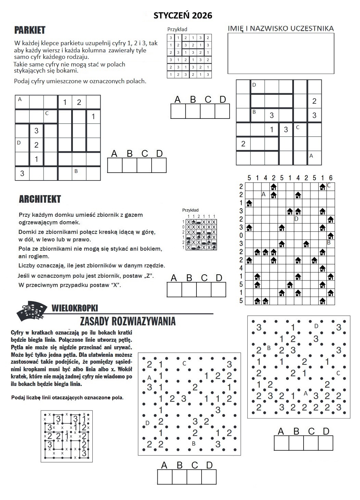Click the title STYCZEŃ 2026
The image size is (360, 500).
pyautogui.click(x=183, y=15)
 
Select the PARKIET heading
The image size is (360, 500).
pyautogui.click(x=30, y=30)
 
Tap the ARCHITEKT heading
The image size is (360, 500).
pyautogui.click(x=40, y=199)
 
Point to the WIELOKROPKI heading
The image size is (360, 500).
pyautogui.click(x=75, y=308)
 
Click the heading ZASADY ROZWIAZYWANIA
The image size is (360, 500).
pyautogui.click(x=128, y=321)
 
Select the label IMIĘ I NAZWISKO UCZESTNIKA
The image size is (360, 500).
pyautogui.click(x=281, y=28)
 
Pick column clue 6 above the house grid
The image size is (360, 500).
pyautogui.click(x=331, y=178)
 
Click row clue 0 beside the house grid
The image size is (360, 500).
pyautogui.click(x=241, y=236)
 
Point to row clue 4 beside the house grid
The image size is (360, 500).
pyautogui.click(x=241, y=268)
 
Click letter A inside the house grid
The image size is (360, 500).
pyautogui.click(x=263, y=194)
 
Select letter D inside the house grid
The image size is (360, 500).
pyautogui.click(x=296, y=218)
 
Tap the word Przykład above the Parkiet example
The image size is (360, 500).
pyautogui.click(x=177, y=29)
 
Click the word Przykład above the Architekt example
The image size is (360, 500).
pyautogui.click(x=190, y=210)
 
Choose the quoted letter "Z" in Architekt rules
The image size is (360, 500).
pyautogui.click(x=149, y=276)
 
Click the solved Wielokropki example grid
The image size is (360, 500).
pyautogui.click(x=66, y=436)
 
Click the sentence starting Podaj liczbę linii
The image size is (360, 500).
pyautogui.click(x=67, y=398)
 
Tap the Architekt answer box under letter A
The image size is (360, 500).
pyautogui.click(x=174, y=289)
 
